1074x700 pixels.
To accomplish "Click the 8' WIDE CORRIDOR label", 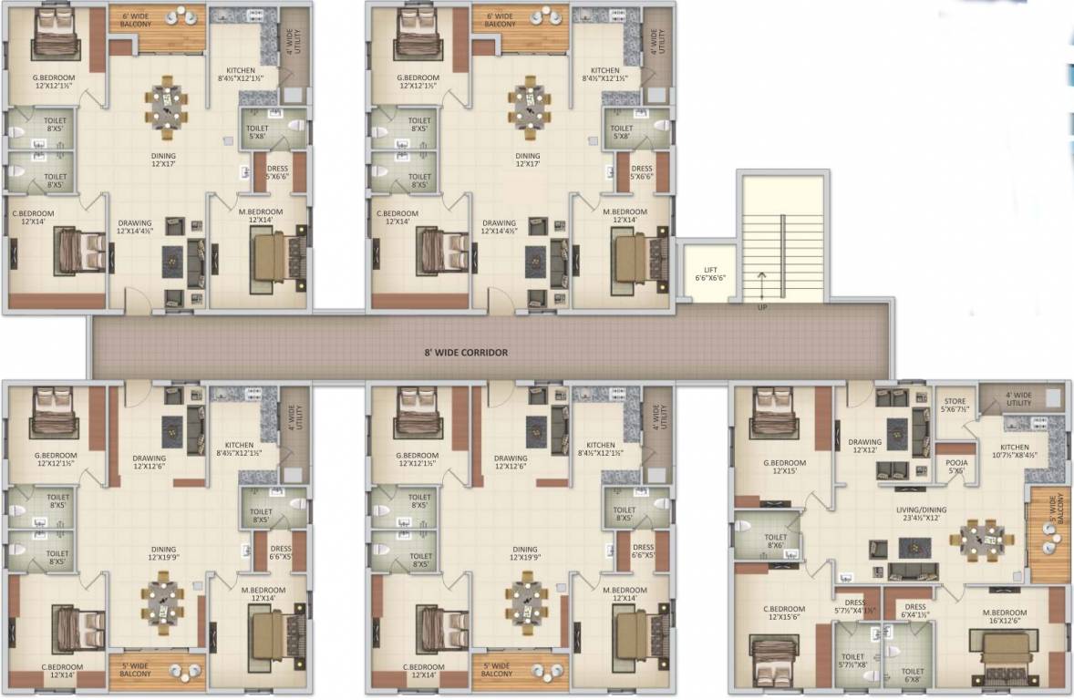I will coord(465,352).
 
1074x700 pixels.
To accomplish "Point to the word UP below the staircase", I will coord(760,307).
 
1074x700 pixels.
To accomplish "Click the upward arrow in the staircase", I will coord(760,284).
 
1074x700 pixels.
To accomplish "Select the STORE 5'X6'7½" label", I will coord(955,405).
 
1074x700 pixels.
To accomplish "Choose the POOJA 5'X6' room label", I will coord(955,467).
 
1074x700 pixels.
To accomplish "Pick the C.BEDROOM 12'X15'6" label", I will coord(784,613).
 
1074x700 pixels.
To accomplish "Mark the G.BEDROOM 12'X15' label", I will coord(784,467).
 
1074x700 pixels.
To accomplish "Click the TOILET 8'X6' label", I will coord(776,543).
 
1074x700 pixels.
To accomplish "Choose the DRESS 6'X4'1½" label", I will coord(914,612).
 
